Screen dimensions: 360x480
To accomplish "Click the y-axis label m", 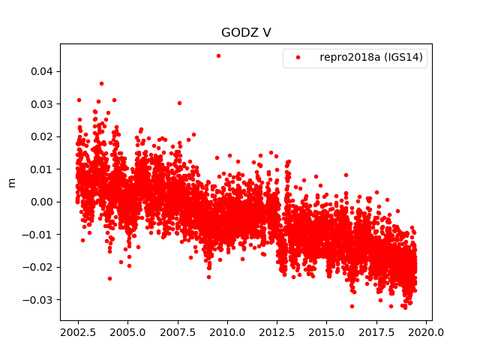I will click(11, 182).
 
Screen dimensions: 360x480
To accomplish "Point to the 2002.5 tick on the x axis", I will click(77, 332).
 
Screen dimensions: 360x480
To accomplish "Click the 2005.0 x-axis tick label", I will click(127, 332).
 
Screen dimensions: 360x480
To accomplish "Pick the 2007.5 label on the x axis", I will click(177, 332).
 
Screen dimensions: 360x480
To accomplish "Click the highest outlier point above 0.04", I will click(218, 55).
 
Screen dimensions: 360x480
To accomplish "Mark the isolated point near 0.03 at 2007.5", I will click(179, 103).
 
